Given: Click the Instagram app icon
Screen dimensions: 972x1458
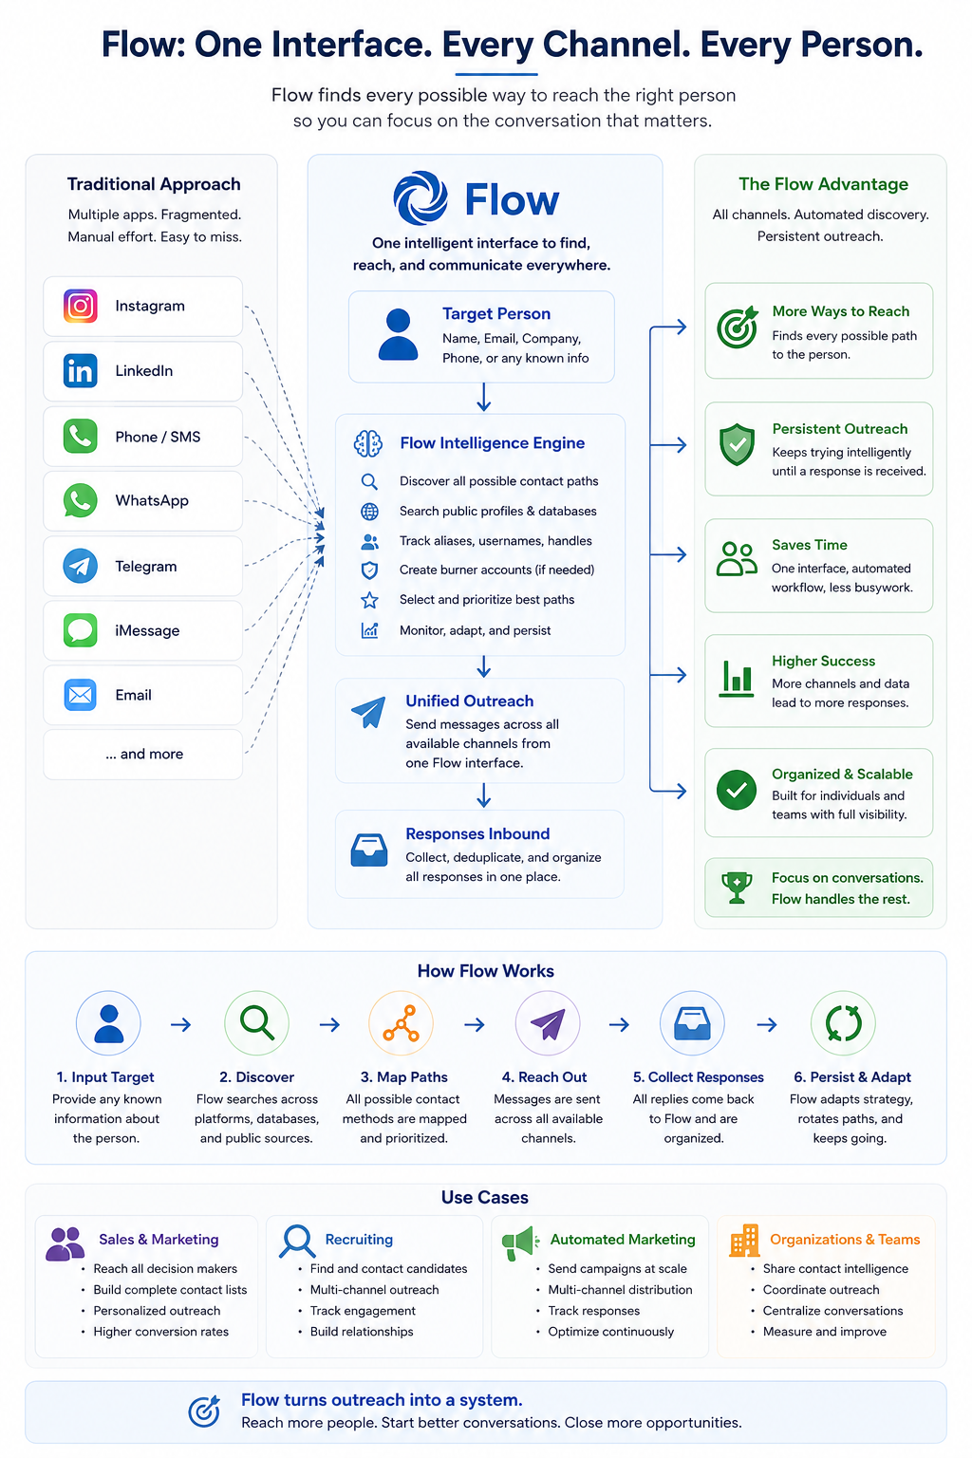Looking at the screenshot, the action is (80, 306).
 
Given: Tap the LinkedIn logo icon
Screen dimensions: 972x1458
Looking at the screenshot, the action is (80, 371).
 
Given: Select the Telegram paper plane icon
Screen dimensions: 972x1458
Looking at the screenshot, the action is (80, 567).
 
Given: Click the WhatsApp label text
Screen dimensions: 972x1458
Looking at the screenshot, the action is (152, 500).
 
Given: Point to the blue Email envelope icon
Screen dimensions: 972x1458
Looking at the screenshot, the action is (80, 695).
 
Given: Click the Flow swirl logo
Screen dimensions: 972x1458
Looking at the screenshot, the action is (421, 197).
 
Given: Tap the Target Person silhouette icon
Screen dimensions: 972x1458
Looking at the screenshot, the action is (398, 334).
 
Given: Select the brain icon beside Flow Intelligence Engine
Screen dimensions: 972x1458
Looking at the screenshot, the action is (368, 443).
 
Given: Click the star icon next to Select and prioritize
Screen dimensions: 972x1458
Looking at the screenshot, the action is (369, 600).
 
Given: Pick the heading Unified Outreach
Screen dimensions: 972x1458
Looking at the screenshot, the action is (470, 701).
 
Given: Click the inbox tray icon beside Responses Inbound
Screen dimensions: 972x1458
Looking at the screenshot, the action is (369, 850).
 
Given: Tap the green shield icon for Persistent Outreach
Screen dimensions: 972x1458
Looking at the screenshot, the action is (737, 444).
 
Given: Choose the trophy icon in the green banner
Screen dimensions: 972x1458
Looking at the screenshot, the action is (737, 888).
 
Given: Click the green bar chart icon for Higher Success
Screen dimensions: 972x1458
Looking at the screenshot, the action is (737, 679).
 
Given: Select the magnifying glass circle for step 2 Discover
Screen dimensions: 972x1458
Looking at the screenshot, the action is (256, 1023).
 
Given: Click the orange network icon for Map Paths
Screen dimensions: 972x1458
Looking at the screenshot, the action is (401, 1023).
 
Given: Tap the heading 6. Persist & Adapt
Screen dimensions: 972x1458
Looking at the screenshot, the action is (852, 1077).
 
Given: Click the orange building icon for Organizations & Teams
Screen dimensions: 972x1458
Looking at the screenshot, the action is (745, 1241).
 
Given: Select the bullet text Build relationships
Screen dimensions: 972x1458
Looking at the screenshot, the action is (362, 1332).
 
